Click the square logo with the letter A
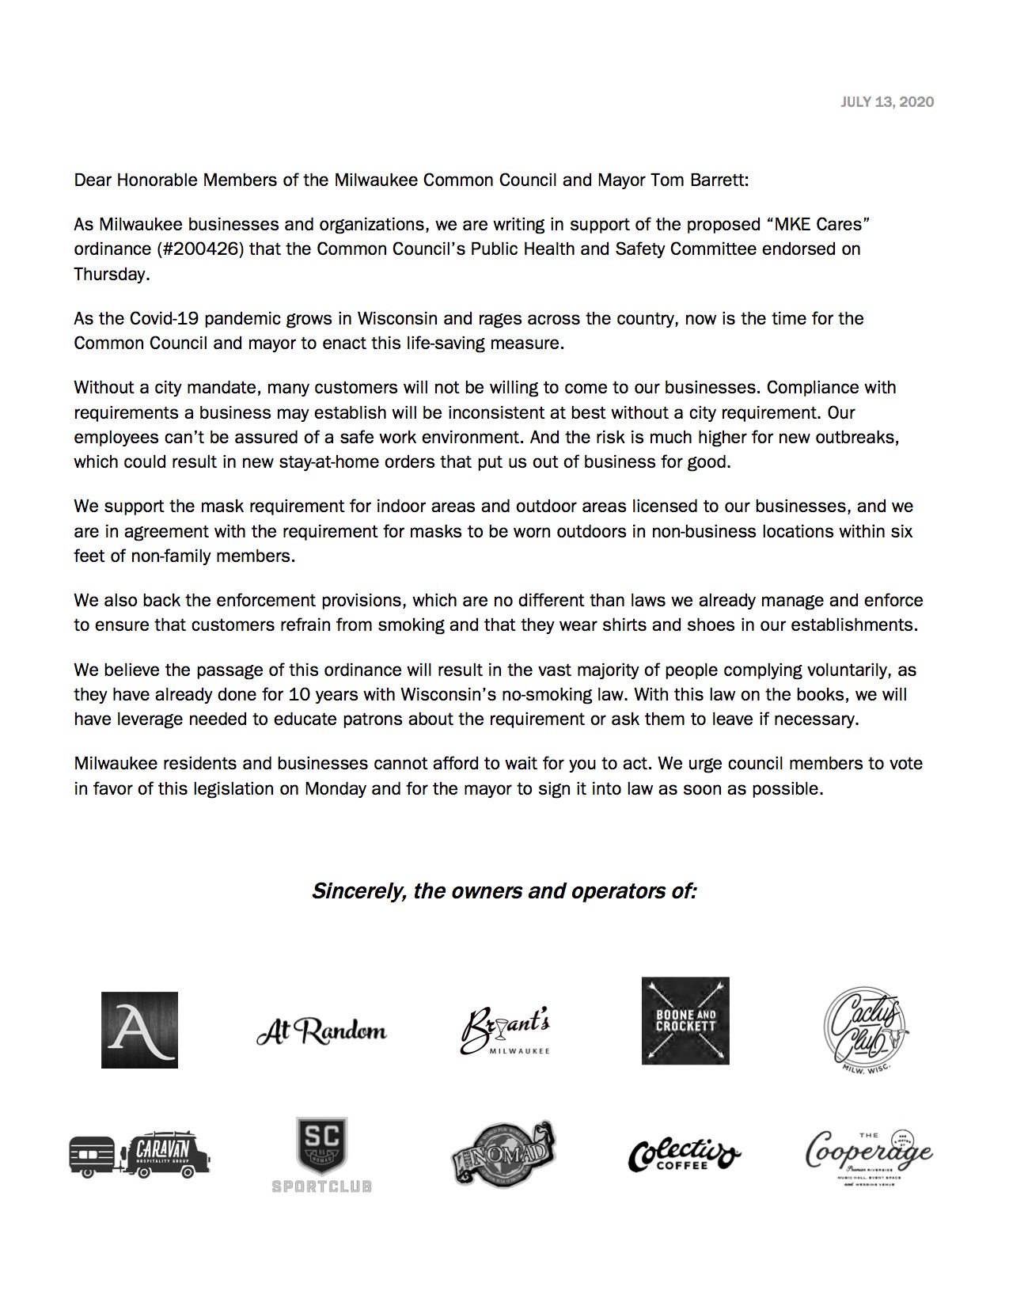(139, 1030)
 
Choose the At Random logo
(321, 1031)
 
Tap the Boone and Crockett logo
(685, 1021)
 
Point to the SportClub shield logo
(321, 1154)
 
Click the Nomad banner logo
(503, 1153)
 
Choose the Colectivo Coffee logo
(685, 1156)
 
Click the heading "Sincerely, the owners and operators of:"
(504, 891)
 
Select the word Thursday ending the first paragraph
(110, 275)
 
